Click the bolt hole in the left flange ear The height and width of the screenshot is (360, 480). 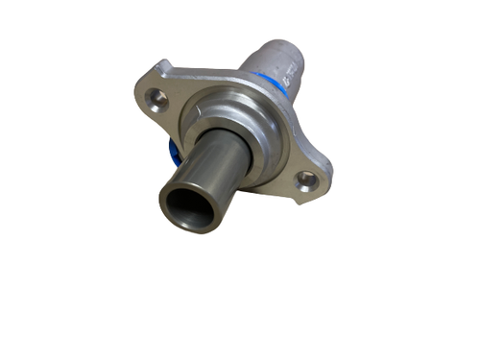click(x=159, y=98)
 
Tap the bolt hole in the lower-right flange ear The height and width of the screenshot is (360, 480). click(x=307, y=179)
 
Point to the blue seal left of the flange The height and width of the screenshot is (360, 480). click(x=174, y=152)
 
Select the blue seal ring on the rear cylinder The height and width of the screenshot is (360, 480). click(x=285, y=86)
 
